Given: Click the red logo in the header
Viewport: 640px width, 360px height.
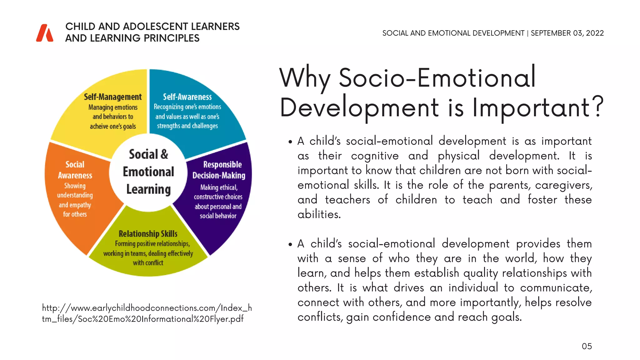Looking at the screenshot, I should click(x=45, y=33).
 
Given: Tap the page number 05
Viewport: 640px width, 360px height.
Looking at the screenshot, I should click(x=587, y=346).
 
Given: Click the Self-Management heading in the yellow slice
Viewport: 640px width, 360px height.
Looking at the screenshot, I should click(x=113, y=97).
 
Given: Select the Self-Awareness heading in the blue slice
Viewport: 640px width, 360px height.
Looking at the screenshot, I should click(x=187, y=97).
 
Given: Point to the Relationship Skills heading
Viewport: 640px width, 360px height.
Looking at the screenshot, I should click(x=148, y=234).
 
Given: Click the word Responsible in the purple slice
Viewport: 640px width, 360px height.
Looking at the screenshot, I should click(x=222, y=164).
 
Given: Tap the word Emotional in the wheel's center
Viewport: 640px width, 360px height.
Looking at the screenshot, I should click(x=148, y=172).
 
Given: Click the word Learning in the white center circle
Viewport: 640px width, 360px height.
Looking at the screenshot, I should click(x=148, y=189).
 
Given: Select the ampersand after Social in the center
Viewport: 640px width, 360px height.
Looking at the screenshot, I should click(x=164, y=154).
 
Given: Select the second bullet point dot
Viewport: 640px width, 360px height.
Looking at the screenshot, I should click(x=290, y=245).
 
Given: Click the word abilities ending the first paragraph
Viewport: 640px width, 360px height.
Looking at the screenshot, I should click(x=319, y=214).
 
